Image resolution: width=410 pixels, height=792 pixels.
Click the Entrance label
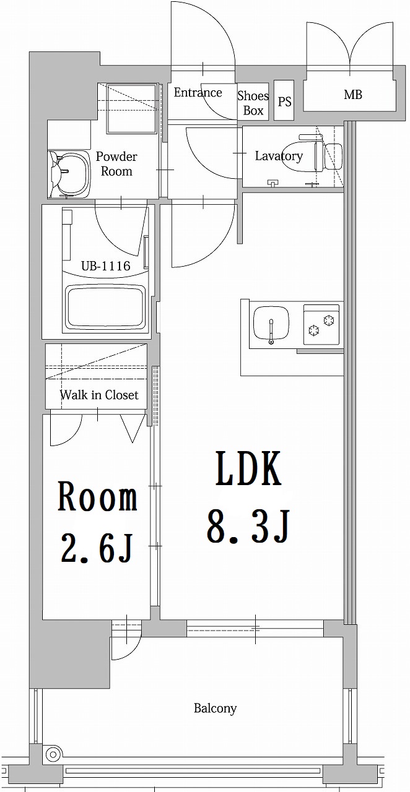click(x=198, y=93)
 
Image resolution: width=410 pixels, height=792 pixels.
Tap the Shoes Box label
click(x=253, y=103)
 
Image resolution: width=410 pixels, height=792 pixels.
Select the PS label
click(x=284, y=101)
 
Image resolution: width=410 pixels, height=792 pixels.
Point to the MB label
click(x=353, y=95)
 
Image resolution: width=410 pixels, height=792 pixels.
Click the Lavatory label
click(x=279, y=156)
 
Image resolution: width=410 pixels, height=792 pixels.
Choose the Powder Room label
click(x=116, y=164)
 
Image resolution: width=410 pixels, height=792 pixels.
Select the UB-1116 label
click(x=106, y=266)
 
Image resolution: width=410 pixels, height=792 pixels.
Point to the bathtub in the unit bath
click(x=105, y=308)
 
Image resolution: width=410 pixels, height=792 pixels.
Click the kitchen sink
click(x=271, y=324)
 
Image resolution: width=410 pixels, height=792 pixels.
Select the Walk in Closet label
click(x=99, y=395)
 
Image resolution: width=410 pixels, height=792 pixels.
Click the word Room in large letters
click(x=97, y=498)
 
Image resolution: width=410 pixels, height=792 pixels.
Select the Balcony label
click(x=215, y=708)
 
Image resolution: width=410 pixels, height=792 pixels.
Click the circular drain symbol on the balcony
click(x=54, y=755)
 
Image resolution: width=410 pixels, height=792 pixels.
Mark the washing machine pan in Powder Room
click(x=131, y=109)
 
